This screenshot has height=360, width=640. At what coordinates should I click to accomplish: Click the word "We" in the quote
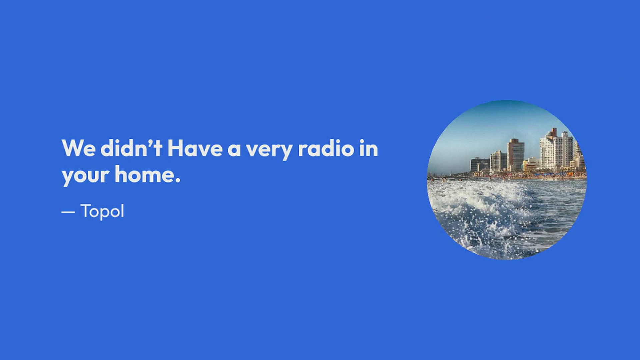tap(78, 148)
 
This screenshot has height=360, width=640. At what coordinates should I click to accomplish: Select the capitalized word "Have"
tap(195, 148)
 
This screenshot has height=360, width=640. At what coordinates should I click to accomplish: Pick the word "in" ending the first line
tap(369, 148)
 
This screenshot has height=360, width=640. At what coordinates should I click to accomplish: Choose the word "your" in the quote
tap(86, 176)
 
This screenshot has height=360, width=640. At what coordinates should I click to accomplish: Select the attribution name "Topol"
tap(102, 211)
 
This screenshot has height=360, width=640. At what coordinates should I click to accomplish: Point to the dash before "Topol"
tap(68, 212)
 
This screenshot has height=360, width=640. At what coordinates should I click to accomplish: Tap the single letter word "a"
tap(234, 150)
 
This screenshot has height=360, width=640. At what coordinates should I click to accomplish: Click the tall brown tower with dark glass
tap(515, 155)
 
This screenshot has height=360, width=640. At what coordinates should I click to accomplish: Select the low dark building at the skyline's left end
tap(480, 165)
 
